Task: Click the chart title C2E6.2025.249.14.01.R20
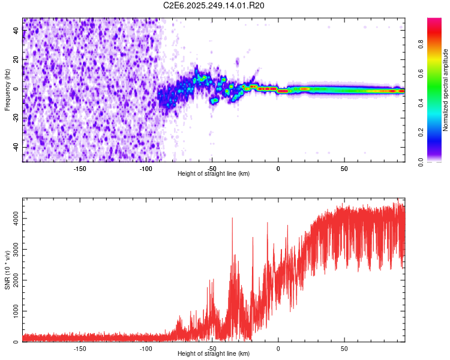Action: [x=214, y=5]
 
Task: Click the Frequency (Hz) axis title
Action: [x=7, y=89]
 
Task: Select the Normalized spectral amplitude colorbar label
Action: [x=446, y=91]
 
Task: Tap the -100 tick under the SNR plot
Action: [x=146, y=348]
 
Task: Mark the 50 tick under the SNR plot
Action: [x=344, y=348]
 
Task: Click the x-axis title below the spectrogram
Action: [x=214, y=174]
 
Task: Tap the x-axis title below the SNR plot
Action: [x=214, y=354]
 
